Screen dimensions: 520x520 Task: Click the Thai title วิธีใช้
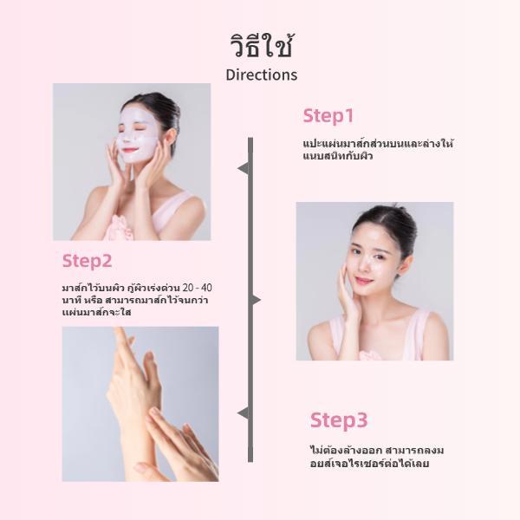(261, 46)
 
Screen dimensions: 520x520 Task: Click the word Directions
(262, 75)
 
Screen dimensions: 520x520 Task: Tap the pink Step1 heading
(328, 116)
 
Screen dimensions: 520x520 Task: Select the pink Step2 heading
(87, 261)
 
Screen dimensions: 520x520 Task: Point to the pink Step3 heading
(339, 420)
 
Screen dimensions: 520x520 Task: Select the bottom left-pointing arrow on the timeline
(244, 413)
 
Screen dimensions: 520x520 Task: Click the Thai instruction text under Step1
(379, 150)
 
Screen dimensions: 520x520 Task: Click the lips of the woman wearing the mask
(129, 150)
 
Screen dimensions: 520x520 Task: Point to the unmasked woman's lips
(364, 281)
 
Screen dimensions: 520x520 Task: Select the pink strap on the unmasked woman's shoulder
(419, 334)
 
